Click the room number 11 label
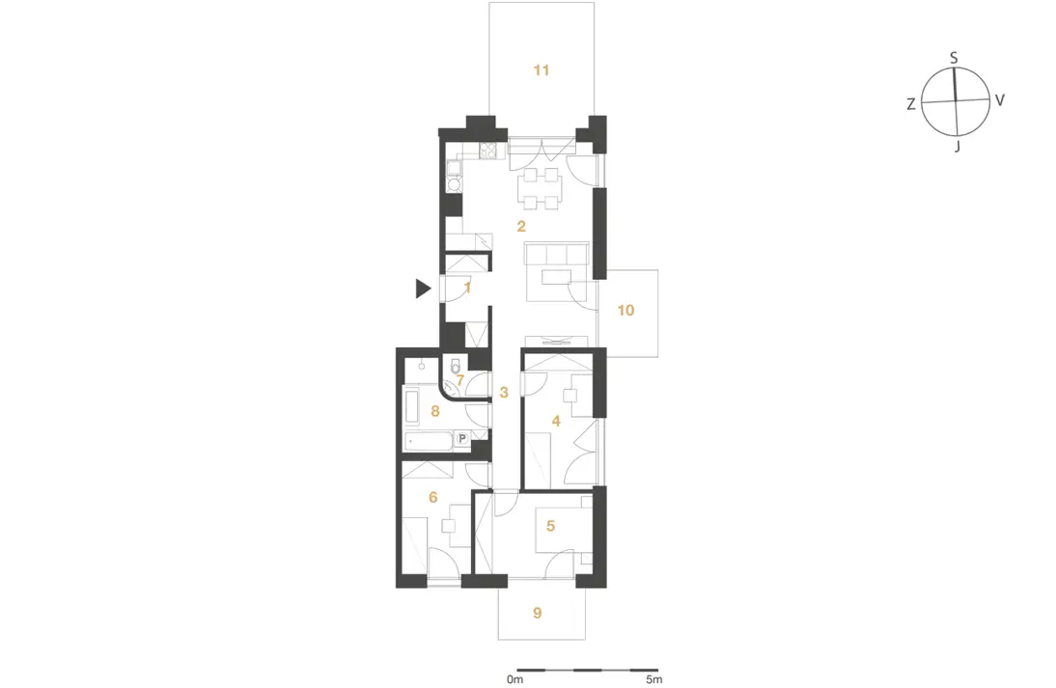(x=542, y=69)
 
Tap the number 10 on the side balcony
(x=625, y=310)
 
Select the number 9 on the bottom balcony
(x=537, y=613)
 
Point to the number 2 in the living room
(x=521, y=226)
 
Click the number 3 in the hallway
(x=504, y=392)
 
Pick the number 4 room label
(x=556, y=422)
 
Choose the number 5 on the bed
(x=550, y=525)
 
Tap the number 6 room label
(x=433, y=497)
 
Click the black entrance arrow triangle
(x=422, y=289)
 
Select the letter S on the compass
(x=954, y=59)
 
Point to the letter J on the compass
(x=957, y=146)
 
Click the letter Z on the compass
(x=910, y=104)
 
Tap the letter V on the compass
(x=1000, y=100)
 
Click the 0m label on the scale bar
(x=514, y=679)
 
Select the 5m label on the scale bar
(x=653, y=679)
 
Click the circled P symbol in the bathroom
(x=462, y=439)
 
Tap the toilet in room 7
(x=456, y=366)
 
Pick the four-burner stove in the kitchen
(x=489, y=151)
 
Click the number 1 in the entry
(x=467, y=288)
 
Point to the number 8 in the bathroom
(x=435, y=411)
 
